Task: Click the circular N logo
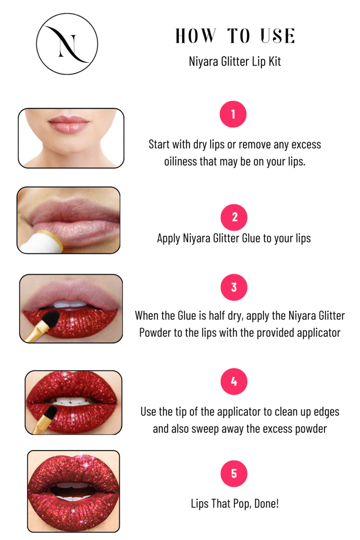pos(67,44)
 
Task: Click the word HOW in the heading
pos(195,36)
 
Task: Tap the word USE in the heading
pos(277,36)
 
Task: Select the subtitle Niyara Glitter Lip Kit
pos(234,62)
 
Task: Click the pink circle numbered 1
pos(233,114)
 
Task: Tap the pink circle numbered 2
pos(234,217)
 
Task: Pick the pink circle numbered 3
pos(234,287)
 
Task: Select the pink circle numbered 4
pos(234,381)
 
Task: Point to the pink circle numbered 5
pos(234,473)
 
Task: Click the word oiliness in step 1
pos(180,161)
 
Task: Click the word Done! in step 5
pos(266,503)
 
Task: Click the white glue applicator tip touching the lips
pos(41,241)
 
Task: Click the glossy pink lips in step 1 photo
pos(68,124)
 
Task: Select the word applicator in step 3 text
pos(319,333)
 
